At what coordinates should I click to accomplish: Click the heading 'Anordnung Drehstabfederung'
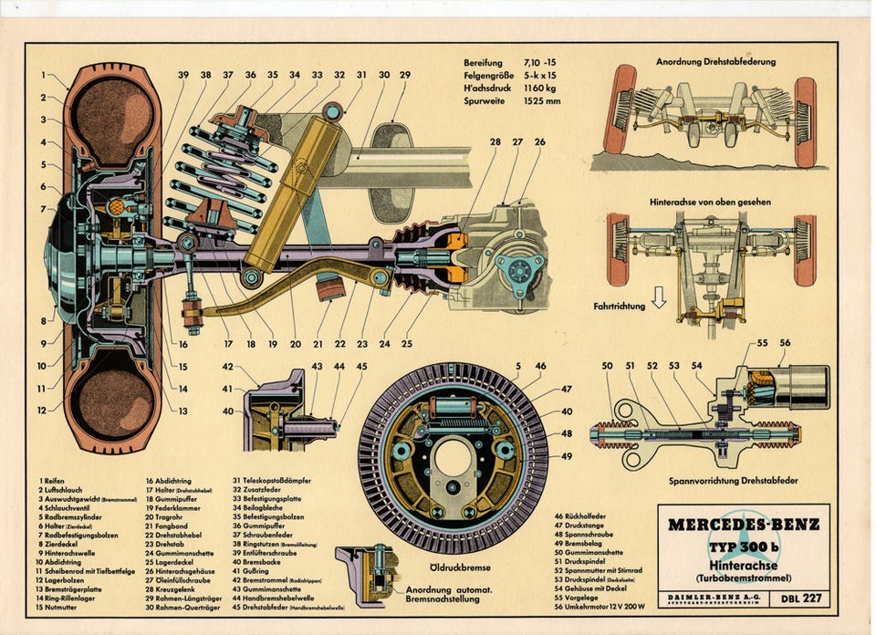(x=715, y=62)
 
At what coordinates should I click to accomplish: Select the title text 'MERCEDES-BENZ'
(x=743, y=525)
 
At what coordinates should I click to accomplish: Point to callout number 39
(x=183, y=75)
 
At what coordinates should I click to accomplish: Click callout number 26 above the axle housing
(x=540, y=141)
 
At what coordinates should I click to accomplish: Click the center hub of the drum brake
(x=453, y=456)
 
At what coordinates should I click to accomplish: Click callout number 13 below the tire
(x=183, y=411)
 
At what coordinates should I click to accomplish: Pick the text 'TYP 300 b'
(x=743, y=547)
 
